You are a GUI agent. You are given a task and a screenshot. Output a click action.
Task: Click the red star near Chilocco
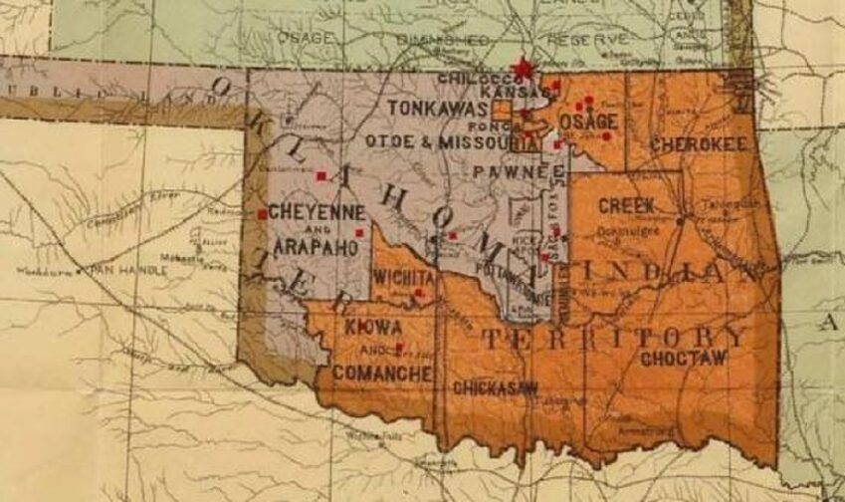[521, 70]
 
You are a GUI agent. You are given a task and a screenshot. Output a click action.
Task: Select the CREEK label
[627, 205]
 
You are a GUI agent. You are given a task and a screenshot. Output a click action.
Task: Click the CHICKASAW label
[496, 388]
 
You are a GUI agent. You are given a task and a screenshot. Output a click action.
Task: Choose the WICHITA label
[404, 276]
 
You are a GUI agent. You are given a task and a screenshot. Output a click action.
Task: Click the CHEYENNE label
[317, 212]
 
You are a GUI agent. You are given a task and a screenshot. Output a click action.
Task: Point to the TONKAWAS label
[437, 106]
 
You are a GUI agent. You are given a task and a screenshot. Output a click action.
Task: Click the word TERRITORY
[613, 337]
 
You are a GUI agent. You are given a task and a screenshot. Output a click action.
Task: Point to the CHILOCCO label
[472, 78]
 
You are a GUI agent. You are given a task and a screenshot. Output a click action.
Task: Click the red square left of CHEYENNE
[262, 214]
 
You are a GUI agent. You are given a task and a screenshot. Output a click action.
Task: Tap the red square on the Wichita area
[419, 294]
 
